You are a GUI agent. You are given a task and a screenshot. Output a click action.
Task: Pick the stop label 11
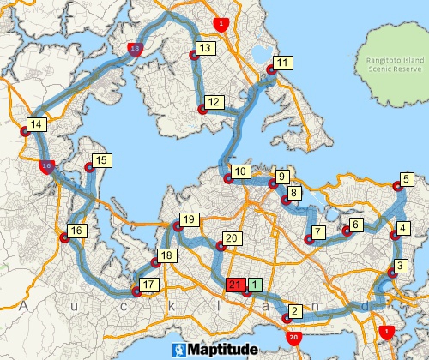click(x=282, y=63)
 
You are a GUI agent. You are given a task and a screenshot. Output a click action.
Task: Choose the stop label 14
click(x=35, y=125)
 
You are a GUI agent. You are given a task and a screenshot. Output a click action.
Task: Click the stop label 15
click(x=101, y=160)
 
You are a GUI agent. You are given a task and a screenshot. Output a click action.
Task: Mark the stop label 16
click(x=76, y=231)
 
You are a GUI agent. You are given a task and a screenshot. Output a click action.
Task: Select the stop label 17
click(x=148, y=284)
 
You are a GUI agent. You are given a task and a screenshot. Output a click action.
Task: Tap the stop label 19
click(x=189, y=219)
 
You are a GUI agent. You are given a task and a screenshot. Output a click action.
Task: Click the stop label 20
click(x=230, y=238)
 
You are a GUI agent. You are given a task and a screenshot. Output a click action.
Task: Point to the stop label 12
click(x=214, y=103)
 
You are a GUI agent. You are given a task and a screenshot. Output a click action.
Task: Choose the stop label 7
click(x=318, y=231)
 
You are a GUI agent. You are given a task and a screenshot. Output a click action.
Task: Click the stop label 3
click(x=399, y=265)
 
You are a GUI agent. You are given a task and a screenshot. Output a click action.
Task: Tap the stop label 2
click(x=295, y=311)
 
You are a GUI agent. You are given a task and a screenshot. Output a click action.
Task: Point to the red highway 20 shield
click(x=294, y=338)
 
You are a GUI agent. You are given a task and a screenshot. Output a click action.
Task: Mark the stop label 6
click(x=356, y=224)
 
